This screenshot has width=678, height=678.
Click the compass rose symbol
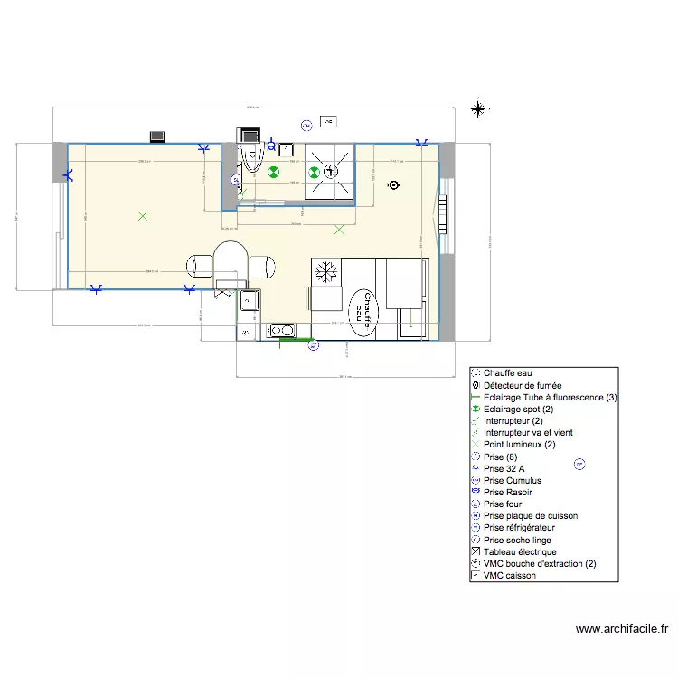point(477,109)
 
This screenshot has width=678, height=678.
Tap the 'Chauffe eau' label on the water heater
point(363,313)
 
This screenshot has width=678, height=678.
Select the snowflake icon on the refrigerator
point(325,272)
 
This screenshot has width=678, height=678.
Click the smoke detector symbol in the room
point(393,185)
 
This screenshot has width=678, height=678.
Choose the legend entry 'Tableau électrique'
point(520,551)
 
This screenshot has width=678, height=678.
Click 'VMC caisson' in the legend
point(509,575)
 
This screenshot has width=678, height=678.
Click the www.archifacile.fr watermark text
point(621,629)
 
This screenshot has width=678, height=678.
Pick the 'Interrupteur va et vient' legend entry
point(528,433)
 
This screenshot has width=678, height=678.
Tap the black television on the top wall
point(157,137)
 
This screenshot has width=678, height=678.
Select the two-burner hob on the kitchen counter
point(283,331)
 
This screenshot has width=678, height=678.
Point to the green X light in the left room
point(140,215)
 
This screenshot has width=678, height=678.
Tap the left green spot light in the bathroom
point(273,172)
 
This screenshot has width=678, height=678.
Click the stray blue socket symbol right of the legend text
point(579,465)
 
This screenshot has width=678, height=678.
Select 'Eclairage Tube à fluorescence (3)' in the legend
point(550,397)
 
